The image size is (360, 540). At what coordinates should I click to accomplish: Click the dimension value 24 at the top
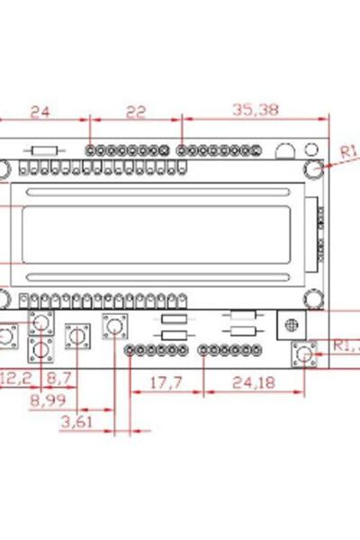[x=40, y=112]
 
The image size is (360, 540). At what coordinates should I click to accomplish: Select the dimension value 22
[x=135, y=112]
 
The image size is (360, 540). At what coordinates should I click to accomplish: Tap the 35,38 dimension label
[x=255, y=111]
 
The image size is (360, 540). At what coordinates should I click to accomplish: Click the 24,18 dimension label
[x=254, y=382]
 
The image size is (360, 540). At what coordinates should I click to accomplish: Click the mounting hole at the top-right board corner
[x=313, y=168]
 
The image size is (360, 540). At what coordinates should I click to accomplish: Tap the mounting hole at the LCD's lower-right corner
[x=313, y=300]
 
